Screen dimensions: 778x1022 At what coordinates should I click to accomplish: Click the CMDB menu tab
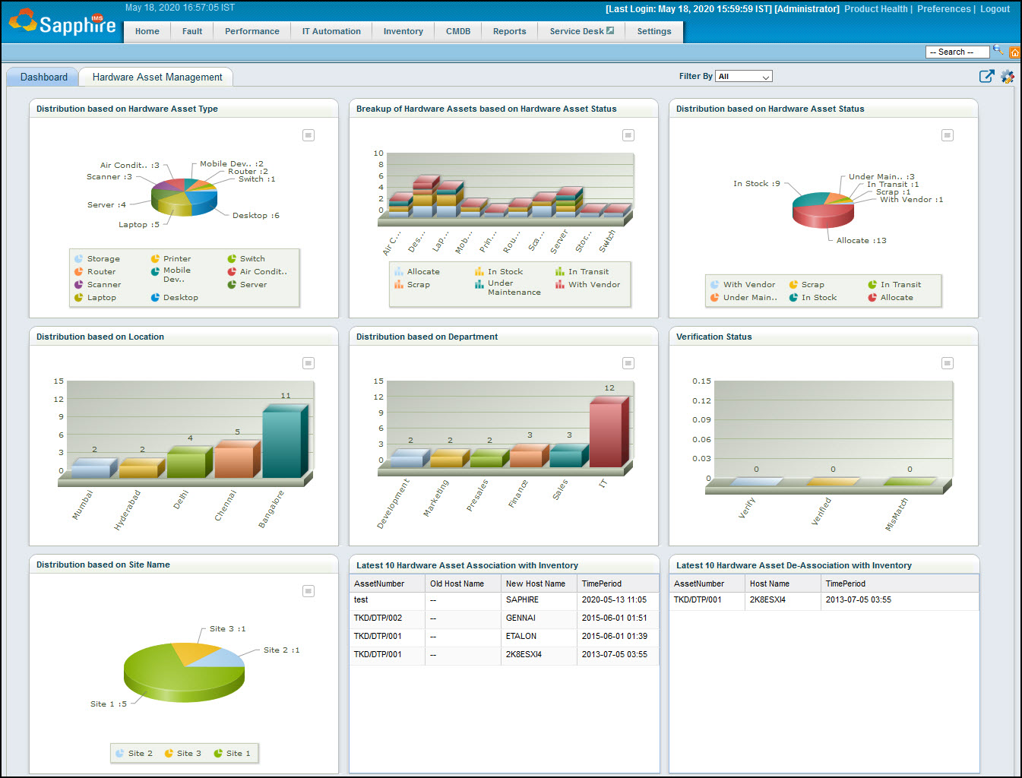[457, 31]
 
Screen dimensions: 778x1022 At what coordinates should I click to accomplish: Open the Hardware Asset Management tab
[157, 77]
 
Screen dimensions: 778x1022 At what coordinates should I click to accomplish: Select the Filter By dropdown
[744, 76]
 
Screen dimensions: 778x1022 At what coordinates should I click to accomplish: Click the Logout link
[995, 9]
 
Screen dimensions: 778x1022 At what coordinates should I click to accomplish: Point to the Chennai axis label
[226, 505]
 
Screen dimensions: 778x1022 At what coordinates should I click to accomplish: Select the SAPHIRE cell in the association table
[522, 599]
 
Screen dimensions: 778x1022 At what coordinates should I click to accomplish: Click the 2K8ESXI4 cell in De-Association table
[767, 599]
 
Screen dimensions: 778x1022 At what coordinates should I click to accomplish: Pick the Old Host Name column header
[457, 583]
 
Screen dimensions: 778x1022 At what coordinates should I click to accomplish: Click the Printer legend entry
[176, 258]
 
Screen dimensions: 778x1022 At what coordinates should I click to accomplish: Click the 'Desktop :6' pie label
[255, 215]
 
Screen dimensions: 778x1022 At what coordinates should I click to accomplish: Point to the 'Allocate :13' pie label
[861, 240]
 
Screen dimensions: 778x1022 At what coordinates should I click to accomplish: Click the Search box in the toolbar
[956, 52]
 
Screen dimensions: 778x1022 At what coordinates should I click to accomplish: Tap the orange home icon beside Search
[1014, 52]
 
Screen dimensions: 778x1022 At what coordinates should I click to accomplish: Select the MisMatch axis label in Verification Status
[897, 514]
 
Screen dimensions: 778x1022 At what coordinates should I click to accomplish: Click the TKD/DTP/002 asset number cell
[378, 618]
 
